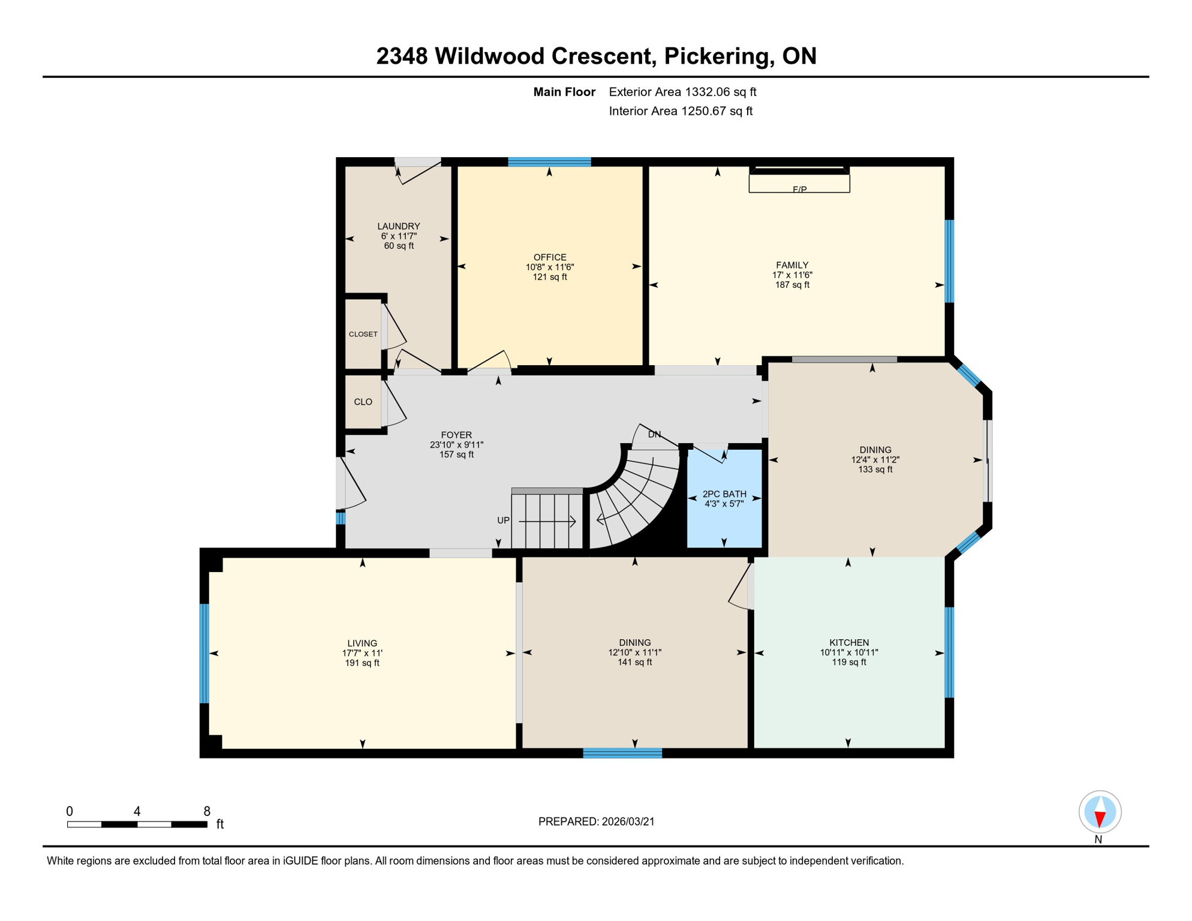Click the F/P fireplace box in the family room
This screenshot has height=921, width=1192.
coord(799,183)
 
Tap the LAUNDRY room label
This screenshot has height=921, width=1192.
coord(398,226)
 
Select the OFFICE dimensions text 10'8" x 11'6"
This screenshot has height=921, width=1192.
coord(549,267)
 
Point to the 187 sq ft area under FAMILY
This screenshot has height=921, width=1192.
coord(791,285)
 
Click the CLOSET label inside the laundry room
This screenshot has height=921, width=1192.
coord(363,334)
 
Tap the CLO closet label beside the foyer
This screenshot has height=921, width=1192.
coord(363,402)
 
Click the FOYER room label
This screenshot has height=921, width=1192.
coord(456,435)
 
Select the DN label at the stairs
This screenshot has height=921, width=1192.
coord(654,434)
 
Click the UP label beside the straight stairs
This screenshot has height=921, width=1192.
coord(503,520)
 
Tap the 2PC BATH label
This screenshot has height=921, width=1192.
coord(724,493)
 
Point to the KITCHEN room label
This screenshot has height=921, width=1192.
coord(848,642)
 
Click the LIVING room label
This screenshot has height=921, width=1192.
coord(362,643)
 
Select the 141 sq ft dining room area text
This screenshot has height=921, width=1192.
coord(634,663)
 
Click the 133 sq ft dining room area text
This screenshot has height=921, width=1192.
coord(875,469)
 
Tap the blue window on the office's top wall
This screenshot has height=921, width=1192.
coord(549,162)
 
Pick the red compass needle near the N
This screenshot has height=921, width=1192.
coord(1099,819)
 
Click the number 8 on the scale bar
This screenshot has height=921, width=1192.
coord(207,811)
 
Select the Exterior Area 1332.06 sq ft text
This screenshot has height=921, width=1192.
coord(682,92)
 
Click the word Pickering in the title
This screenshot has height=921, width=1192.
coord(716,56)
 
